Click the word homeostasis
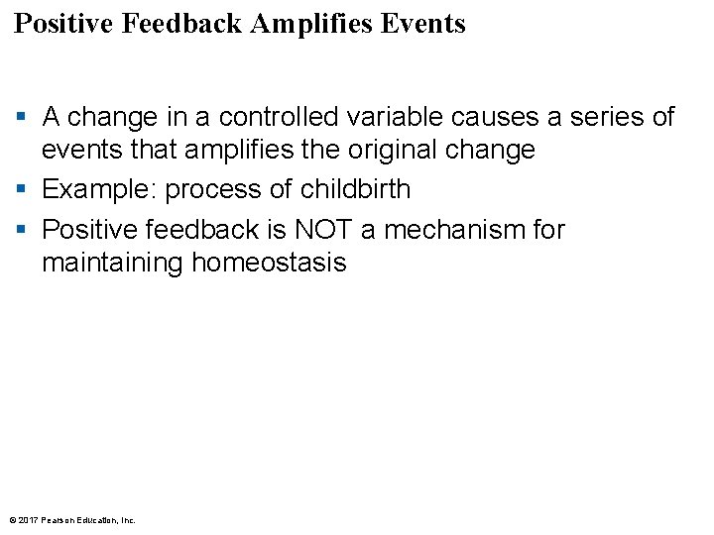269,263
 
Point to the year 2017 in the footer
28,519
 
